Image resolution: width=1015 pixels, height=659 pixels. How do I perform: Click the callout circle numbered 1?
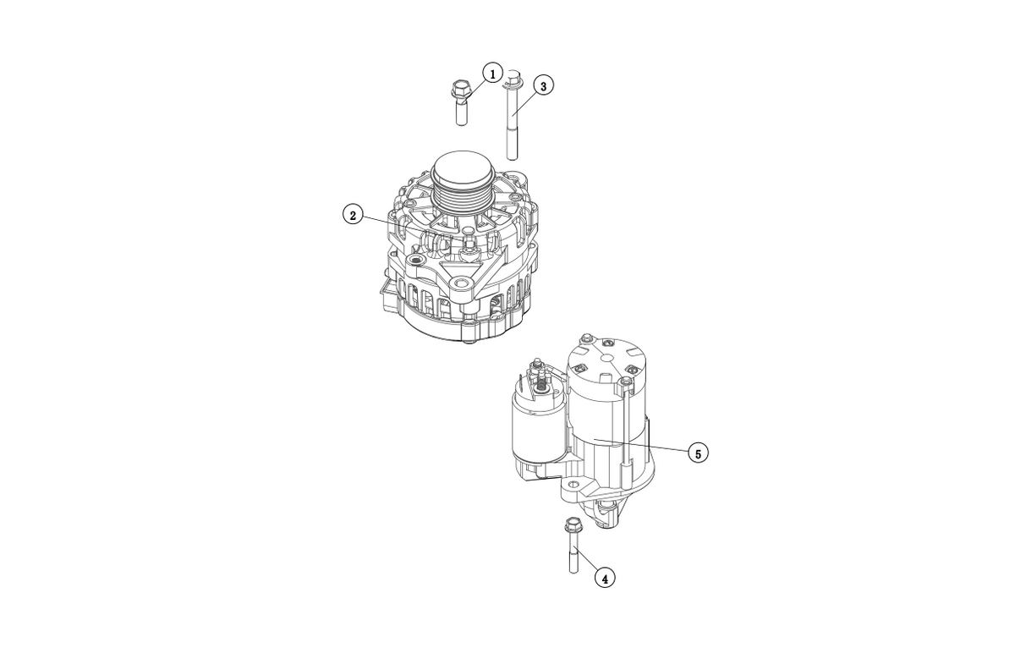(492, 73)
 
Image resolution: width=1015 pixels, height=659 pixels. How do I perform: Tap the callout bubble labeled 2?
(353, 215)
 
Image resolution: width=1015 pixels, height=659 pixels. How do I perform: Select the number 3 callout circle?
(543, 85)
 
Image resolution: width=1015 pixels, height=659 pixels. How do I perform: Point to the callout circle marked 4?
(605, 578)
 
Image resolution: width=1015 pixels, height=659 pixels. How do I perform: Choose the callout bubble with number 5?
(698, 453)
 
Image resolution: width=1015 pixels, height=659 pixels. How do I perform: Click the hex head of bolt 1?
(459, 87)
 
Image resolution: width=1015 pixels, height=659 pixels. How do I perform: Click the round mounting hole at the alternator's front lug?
(462, 283)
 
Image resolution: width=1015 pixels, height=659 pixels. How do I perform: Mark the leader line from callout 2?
(395, 225)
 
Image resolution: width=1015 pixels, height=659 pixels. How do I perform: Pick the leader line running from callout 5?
(641, 446)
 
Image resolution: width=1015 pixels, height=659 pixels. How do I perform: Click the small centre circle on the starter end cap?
(606, 358)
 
